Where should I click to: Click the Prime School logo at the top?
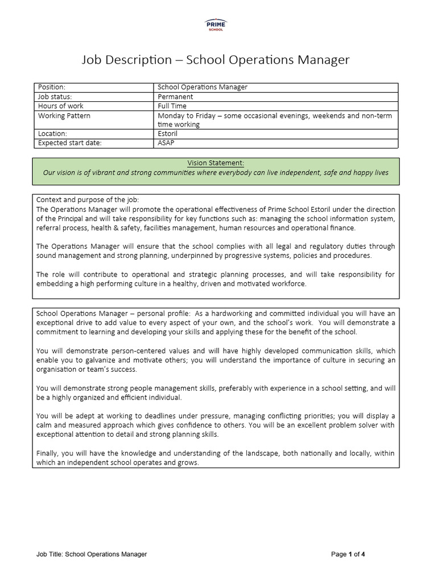point(215,24)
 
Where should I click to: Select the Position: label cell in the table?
point(52,87)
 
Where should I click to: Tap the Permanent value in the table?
point(176,97)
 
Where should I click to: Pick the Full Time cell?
point(172,106)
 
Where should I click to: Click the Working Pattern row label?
point(64,116)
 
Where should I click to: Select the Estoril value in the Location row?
point(168,134)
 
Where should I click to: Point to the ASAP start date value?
point(166,143)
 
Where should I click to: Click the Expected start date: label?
point(69,143)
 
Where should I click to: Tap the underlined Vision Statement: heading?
point(216,163)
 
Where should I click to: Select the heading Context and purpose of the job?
point(87,200)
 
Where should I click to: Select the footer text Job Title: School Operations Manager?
point(92,554)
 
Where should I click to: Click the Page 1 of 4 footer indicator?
point(348,554)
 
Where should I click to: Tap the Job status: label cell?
point(55,97)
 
